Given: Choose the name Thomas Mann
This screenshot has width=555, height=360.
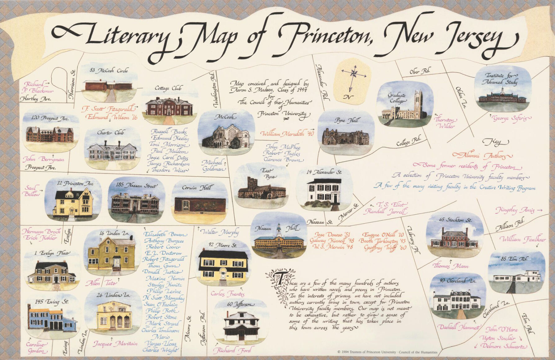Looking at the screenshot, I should click(x=451, y=266).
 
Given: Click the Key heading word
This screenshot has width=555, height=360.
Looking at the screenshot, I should click(x=496, y=142).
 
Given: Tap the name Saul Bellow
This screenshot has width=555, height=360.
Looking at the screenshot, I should click(x=32, y=191).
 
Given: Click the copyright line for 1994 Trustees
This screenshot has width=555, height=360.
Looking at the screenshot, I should click(x=387, y=352).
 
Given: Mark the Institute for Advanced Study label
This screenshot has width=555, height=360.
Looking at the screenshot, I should click(x=499, y=79).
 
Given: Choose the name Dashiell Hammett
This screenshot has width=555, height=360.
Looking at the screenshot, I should click(x=459, y=327).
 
